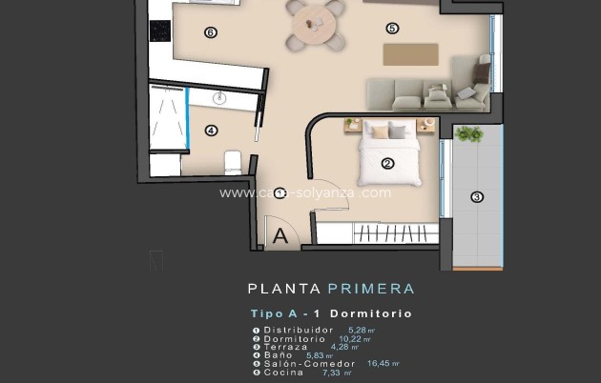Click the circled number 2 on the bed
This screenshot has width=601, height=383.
tap(387, 163)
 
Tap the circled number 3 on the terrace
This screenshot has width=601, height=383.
tap(477, 197)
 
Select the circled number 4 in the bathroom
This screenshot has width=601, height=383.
tap(211, 131)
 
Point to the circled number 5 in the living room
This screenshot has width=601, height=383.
tap(392, 28)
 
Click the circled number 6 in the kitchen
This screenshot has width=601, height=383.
tap(211, 32)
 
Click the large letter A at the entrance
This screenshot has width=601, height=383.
tap(280, 236)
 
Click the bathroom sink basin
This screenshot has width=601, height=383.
tap(221, 98)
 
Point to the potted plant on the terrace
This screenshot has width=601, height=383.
tap(468, 133)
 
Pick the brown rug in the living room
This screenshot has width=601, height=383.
tap(410, 53)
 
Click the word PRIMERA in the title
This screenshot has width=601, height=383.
tap(370, 289)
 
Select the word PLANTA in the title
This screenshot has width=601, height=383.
tap(283, 289)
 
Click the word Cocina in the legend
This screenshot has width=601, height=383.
tap(284, 372)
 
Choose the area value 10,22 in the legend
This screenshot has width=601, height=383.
tap(352, 338)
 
